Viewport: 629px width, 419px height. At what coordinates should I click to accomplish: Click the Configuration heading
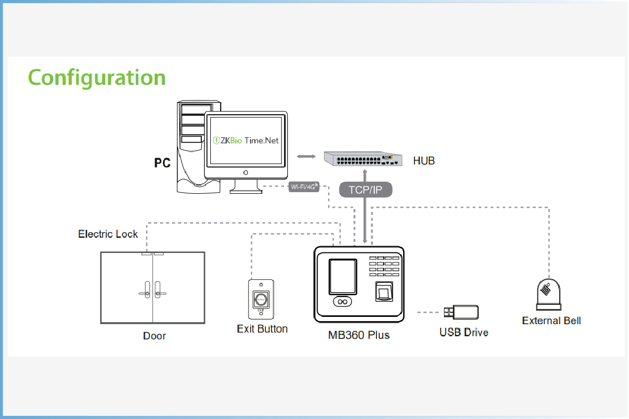pyautogui.click(x=97, y=78)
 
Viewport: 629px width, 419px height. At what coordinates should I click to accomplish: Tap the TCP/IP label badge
pyautogui.click(x=366, y=190)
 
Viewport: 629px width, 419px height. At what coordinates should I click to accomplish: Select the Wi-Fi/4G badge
pyautogui.click(x=304, y=186)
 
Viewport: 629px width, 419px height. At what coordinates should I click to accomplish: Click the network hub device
pyautogui.click(x=363, y=159)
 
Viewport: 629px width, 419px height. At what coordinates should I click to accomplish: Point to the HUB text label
pyautogui.click(x=424, y=161)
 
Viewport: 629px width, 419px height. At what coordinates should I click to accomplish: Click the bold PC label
pyautogui.click(x=162, y=163)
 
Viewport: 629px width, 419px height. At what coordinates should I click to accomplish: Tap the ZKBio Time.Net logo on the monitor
pyautogui.click(x=246, y=140)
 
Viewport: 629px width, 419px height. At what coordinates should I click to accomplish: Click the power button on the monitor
pyautogui.click(x=245, y=172)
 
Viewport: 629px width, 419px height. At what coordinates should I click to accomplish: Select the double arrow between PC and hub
pyautogui.click(x=306, y=156)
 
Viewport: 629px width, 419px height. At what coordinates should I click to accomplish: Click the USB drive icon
pyautogui.click(x=461, y=312)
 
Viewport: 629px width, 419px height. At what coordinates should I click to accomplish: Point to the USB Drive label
pyautogui.click(x=464, y=332)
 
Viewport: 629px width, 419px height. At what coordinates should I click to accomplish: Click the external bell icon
pyautogui.click(x=548, y=294)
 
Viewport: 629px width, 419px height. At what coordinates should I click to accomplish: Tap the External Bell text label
pyautogui.click(x=551, y=321)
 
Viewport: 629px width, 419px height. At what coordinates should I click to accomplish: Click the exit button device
pyautogui.click(x=261, y=299)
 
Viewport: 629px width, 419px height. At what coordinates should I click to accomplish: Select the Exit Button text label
pyautogui.click(x=262, y=328)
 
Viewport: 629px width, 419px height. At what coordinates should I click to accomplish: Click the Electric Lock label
pyautogui.click(x=108, y=234)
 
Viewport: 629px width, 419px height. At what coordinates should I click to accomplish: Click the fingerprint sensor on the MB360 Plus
pyautogui.click(x=384, y=292)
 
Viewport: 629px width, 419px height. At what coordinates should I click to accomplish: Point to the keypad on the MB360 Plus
pyautogui.click(x=384, y=266)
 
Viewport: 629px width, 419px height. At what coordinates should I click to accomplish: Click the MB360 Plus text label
pyautogui.click(x=359, y=335)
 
